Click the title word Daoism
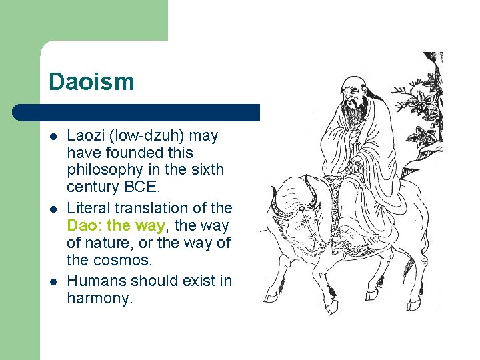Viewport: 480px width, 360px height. pos(91,82)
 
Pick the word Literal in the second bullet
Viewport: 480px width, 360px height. pos(87,208)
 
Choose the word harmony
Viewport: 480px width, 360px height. pos(100,299)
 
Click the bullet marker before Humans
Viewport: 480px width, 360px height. pos(52,281)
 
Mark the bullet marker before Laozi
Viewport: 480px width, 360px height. pos(52,136)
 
